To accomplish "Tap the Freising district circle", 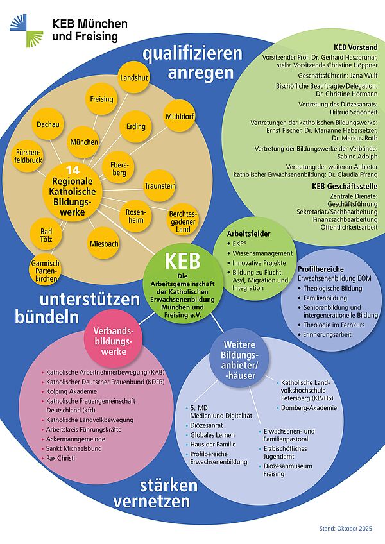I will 101,99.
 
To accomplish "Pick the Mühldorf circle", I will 180,117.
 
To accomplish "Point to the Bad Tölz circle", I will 46,235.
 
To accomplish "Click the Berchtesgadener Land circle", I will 183,221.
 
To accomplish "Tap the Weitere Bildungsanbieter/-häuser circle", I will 239,361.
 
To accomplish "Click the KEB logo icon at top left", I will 26,30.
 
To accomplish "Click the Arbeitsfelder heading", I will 249,234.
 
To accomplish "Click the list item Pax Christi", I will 61,459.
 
